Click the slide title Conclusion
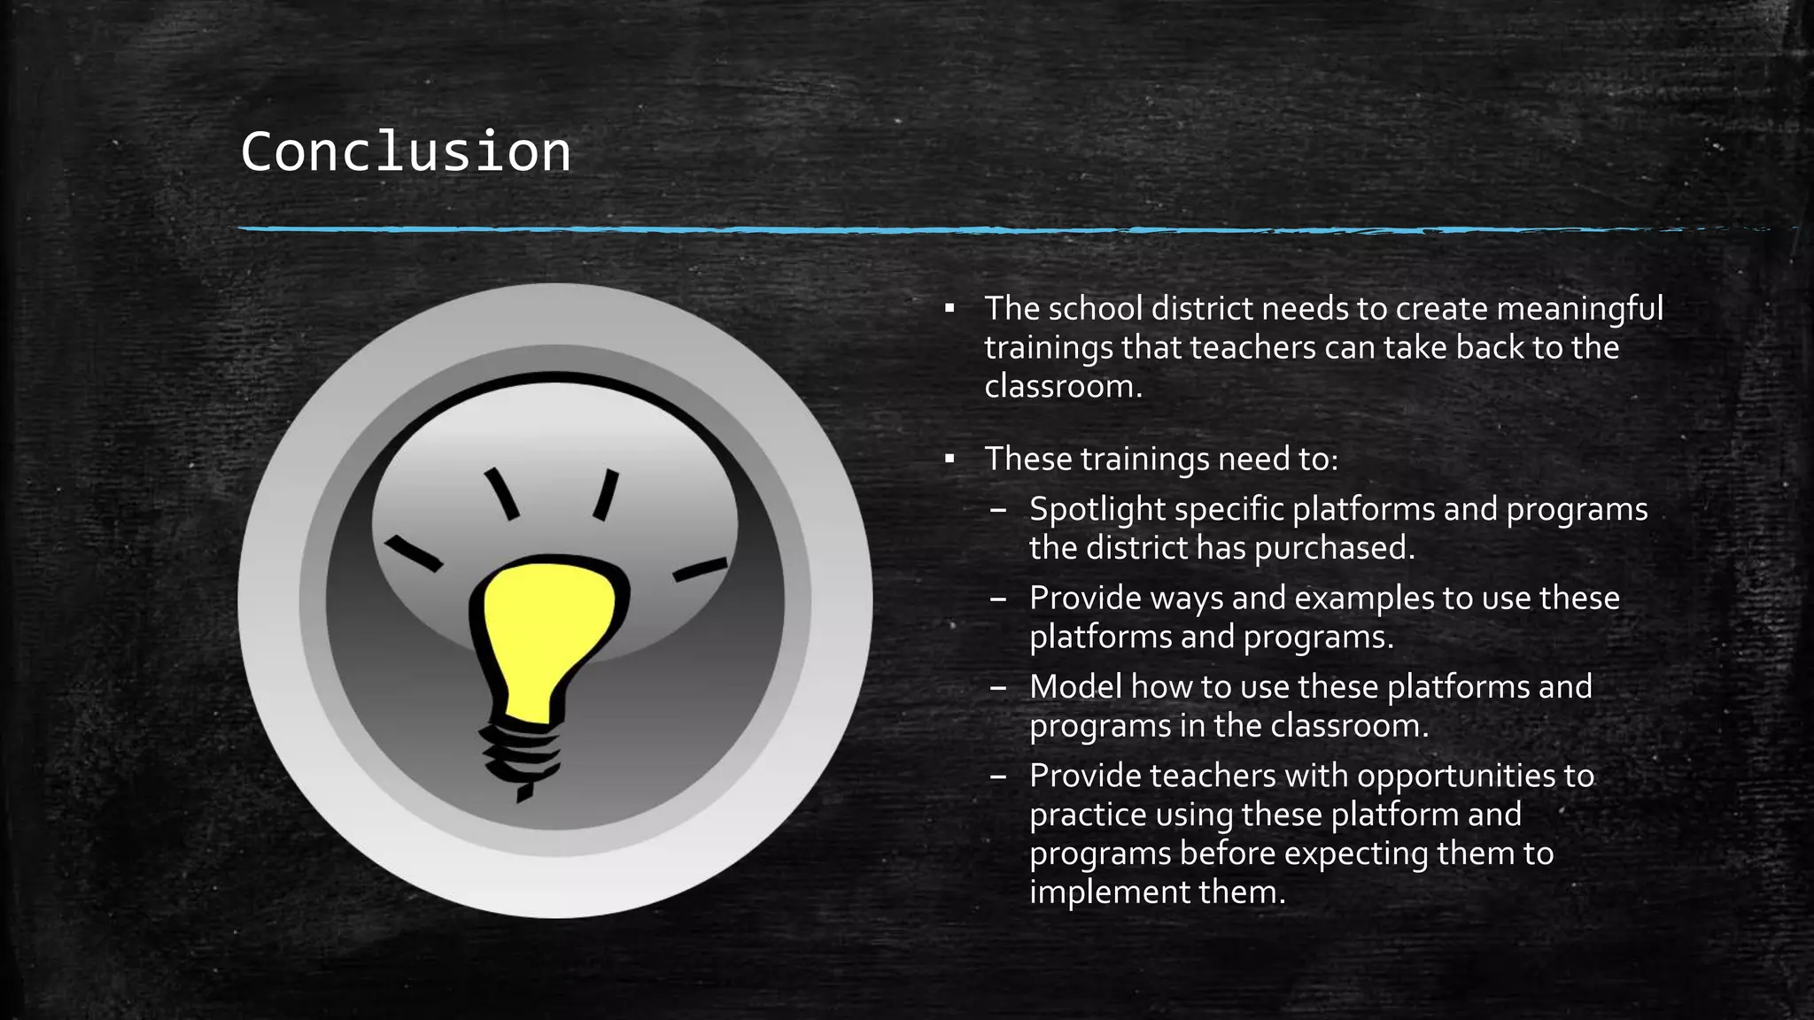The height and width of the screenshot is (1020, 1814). (406, 151)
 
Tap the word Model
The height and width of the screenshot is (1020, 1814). (1075, 686)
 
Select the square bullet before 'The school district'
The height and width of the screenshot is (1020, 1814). (950, 309)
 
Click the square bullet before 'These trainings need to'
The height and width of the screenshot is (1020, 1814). (950, 460)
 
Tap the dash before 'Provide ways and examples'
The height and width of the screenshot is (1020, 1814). (998, 599)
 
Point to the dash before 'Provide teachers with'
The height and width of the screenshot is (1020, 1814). (998, 777)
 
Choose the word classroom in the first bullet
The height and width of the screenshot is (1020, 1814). (1062, 387)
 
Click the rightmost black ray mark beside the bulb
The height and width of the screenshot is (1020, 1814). (700, 569)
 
